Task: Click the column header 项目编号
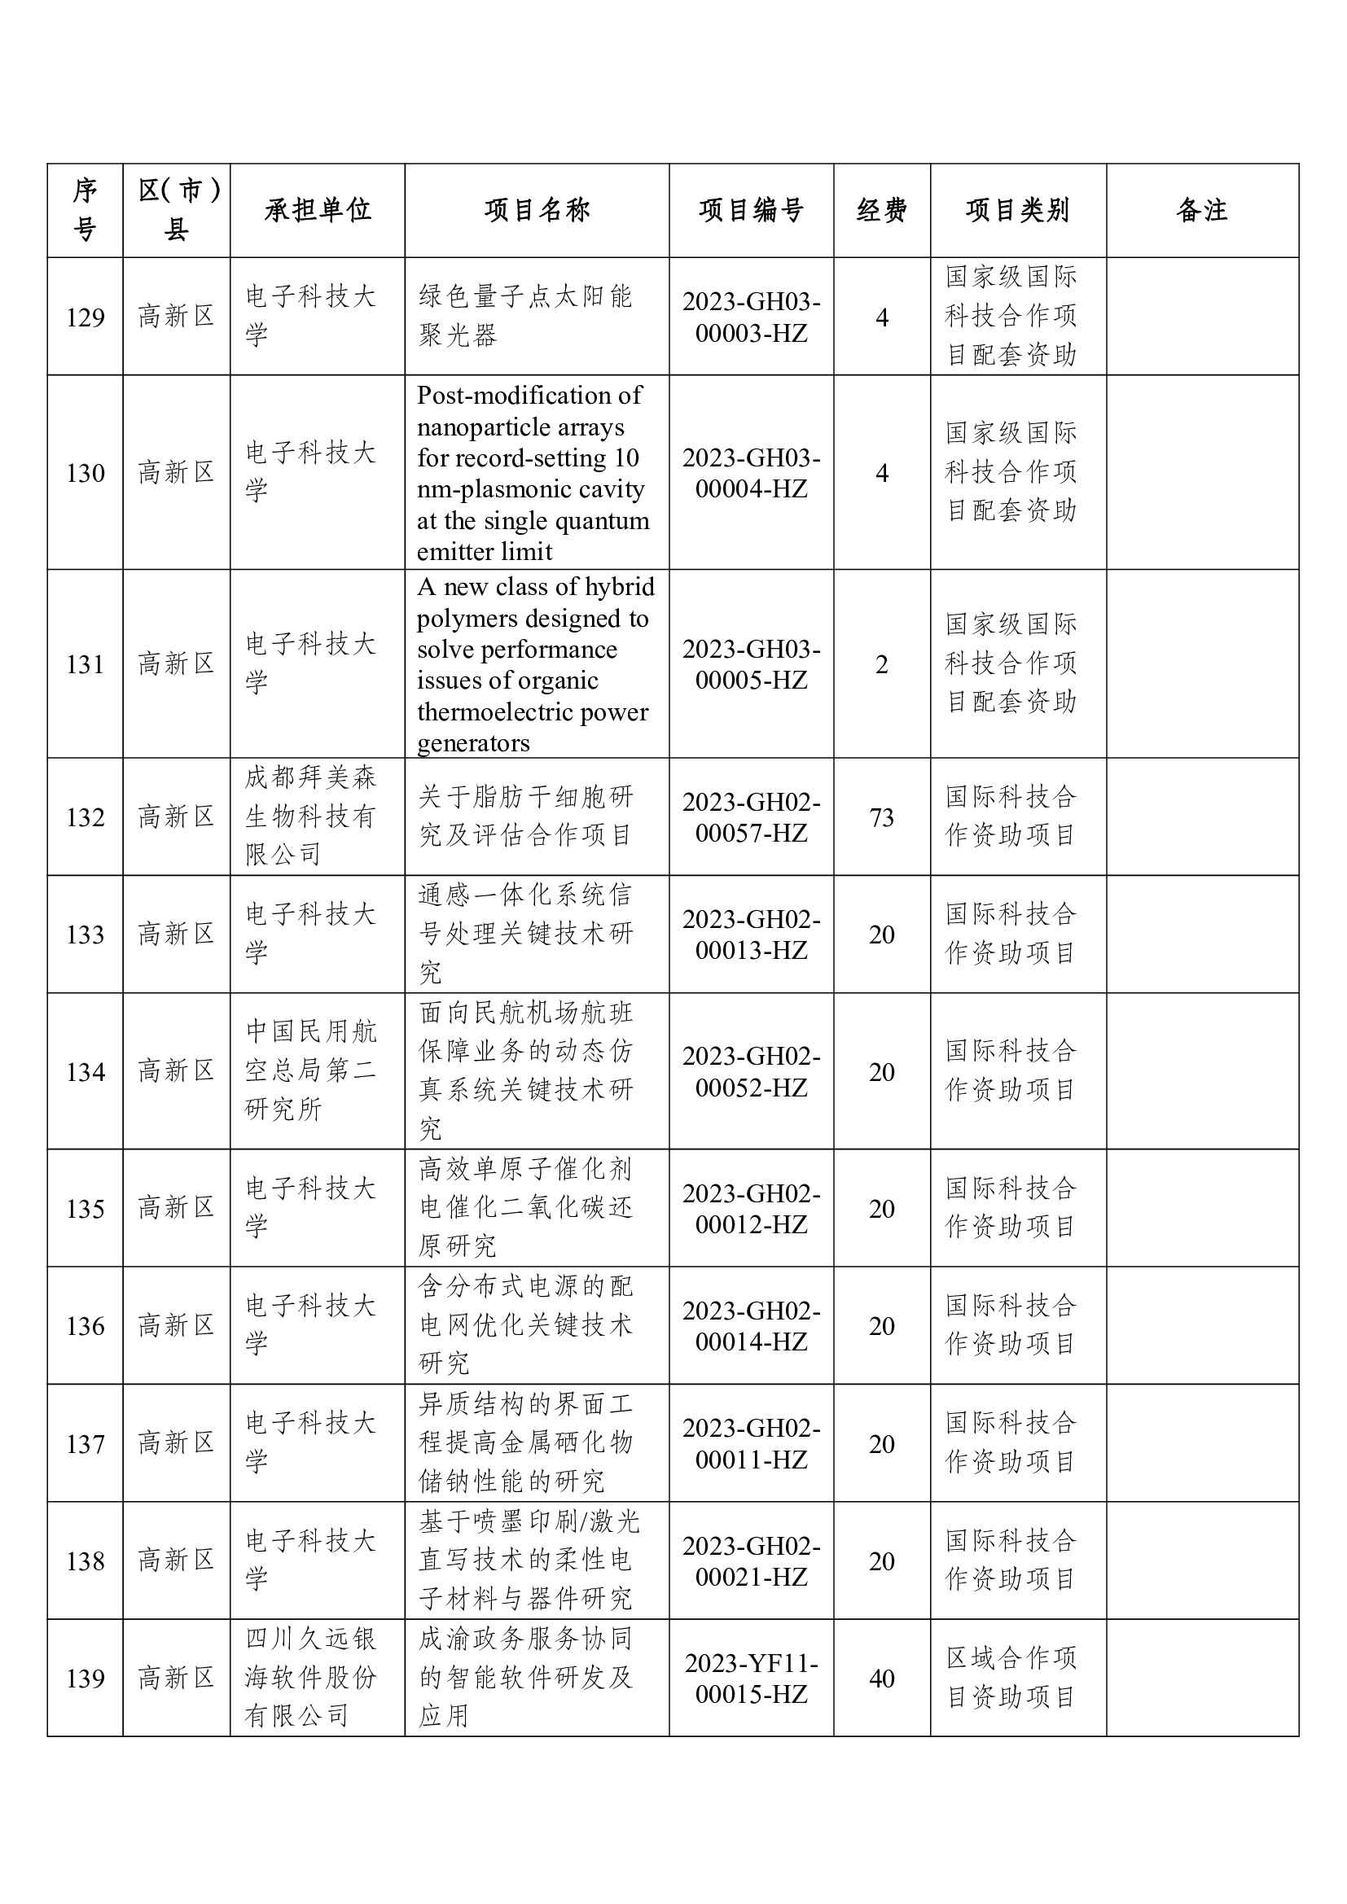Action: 751,211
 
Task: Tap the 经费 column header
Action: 881,211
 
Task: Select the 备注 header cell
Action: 1201,211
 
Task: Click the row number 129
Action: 86,317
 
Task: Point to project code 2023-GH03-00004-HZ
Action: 751,473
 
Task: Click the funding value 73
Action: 881,817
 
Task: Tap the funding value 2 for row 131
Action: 881,664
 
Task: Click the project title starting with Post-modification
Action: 532,473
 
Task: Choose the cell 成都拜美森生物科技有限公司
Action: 311,816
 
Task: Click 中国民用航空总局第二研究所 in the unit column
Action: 311,1070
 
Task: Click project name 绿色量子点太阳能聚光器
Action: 525,316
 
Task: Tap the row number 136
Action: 86,1326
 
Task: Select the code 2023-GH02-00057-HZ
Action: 751,817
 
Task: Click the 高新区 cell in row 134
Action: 176,1070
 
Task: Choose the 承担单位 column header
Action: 318,211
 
